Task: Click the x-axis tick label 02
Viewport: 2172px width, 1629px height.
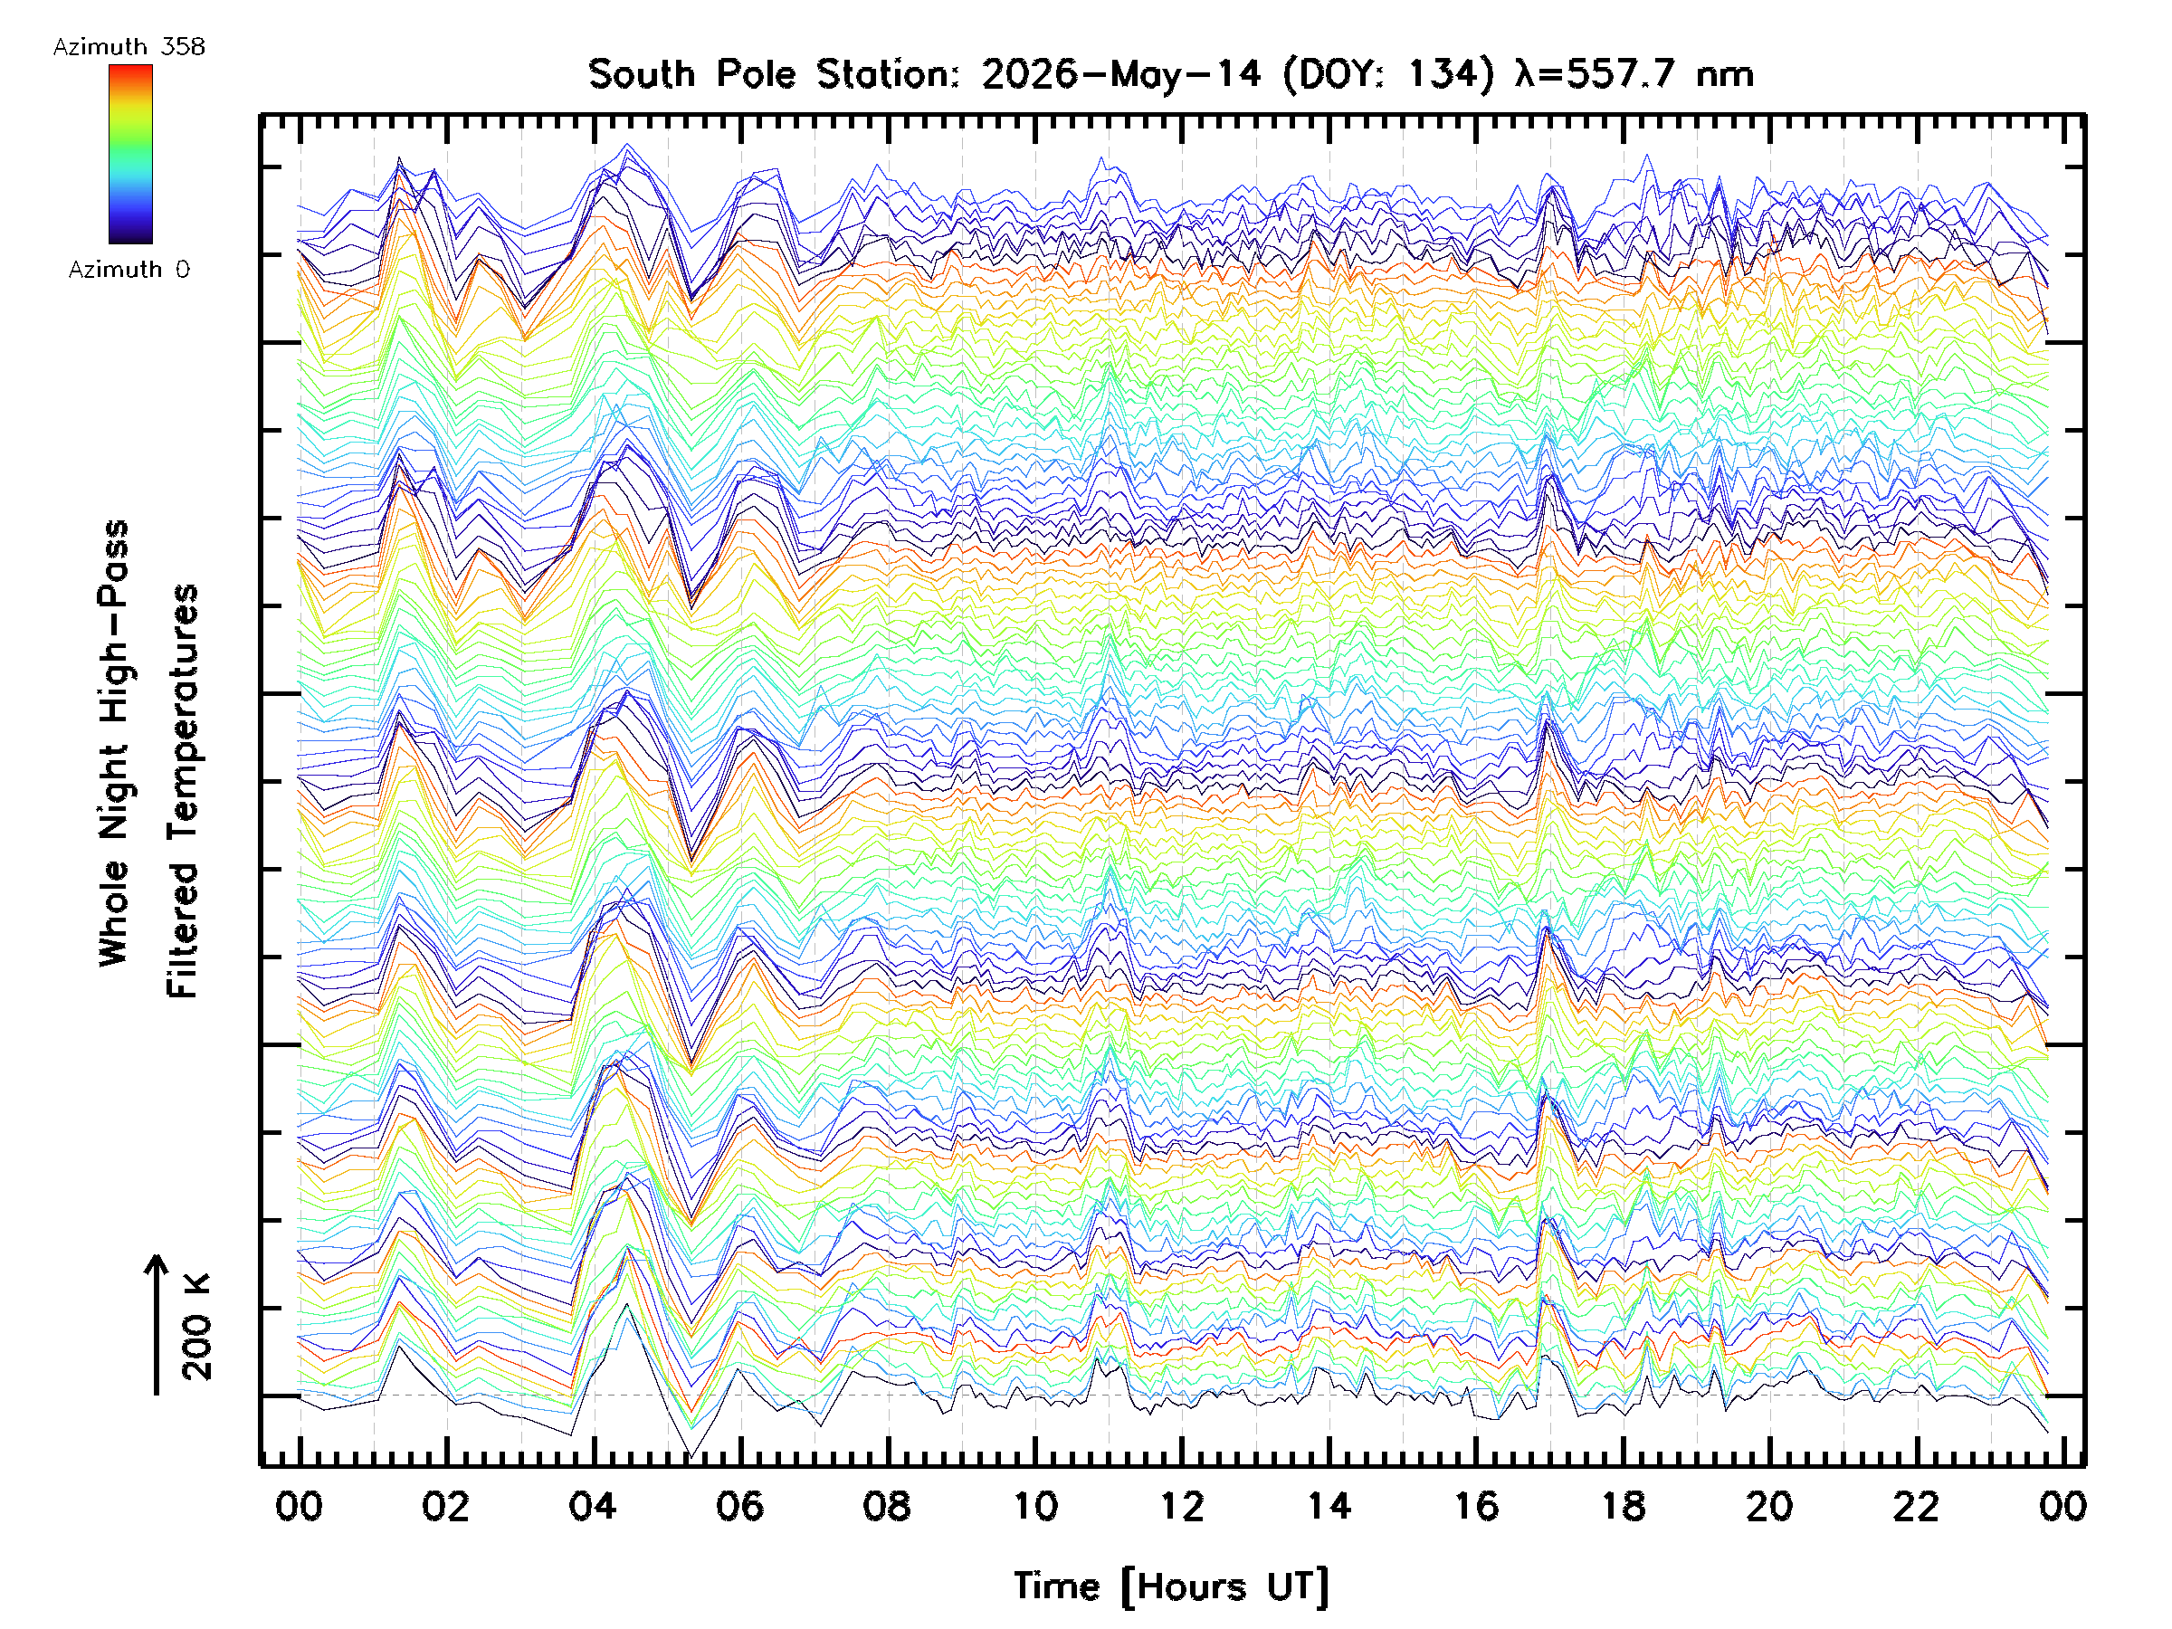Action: [446, 1506]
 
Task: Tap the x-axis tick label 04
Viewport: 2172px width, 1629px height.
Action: [593, 1506]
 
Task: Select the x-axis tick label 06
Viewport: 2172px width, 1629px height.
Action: [740, 1506]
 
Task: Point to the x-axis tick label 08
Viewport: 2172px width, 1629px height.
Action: [888, 1506]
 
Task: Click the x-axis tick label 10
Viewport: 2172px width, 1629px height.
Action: [1035, 1506]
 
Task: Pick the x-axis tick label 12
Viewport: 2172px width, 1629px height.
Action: [1182, 1506]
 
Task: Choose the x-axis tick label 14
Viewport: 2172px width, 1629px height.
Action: [1329, 1506]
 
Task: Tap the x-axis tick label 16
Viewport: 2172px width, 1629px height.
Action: [1477, 1506]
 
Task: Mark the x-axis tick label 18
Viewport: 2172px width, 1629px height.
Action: [1624, 1506]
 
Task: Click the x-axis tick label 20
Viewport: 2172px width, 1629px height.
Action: [1770, 1506]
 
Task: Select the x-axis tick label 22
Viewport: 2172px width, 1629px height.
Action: [1918, 1506]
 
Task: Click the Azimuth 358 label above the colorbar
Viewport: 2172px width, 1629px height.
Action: [129, 47]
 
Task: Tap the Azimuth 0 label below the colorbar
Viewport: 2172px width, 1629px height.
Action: [129, 269]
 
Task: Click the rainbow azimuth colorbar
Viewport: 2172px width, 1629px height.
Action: [130, 154]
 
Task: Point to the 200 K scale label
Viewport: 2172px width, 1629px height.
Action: [197, 1327]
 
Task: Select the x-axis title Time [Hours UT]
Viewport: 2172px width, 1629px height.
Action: [1172, 1586]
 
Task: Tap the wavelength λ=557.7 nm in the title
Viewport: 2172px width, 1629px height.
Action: [1634, 74]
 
